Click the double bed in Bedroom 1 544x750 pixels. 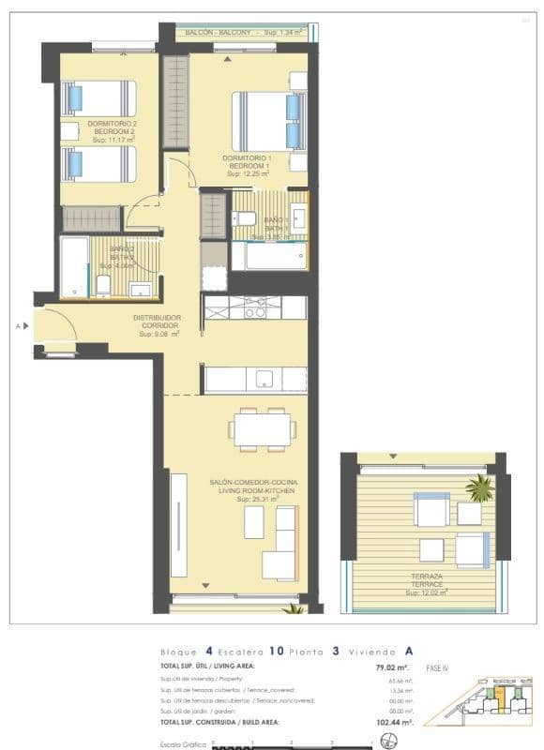(266, 121)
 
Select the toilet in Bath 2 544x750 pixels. (104, 284)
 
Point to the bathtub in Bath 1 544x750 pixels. (268, 256)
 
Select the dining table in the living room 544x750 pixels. (262, 430)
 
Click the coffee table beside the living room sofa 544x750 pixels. (253, 522)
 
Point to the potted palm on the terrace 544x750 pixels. (480, 487)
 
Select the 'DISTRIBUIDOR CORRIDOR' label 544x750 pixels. (157, 321)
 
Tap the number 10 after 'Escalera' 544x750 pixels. (276, 650)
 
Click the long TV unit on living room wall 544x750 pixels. (178, 524)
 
